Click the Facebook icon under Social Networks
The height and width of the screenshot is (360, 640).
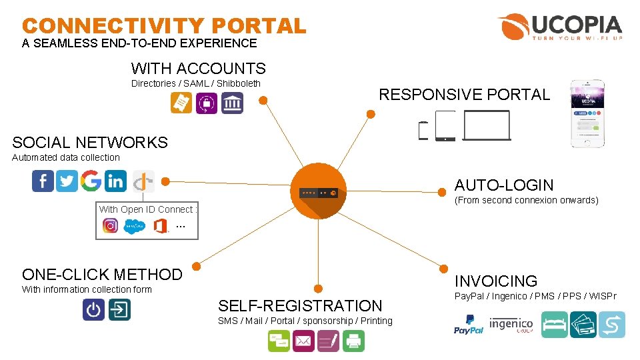[43, 181]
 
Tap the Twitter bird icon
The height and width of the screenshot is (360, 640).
[67, 181]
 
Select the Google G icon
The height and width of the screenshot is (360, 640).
[91, 181]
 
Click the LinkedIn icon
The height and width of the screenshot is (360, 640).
[115, 181]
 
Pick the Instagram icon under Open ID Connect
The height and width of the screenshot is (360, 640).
[111, 225]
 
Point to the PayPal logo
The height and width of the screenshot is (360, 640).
[469, 325]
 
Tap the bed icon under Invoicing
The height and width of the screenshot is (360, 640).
[555, 325]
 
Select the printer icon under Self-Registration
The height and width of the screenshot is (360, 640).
[353, 341]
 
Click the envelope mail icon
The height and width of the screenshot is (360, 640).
[303, 341]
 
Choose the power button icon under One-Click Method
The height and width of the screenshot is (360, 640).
[93, 309]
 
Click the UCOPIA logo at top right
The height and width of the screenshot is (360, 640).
[559, 27]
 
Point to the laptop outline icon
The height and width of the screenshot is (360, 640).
[487, 125]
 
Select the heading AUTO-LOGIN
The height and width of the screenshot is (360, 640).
[504, 185]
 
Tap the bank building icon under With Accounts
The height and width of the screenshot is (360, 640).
[232, 103]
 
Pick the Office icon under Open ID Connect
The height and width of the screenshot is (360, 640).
[160, 226]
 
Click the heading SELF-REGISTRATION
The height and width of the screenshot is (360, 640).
[300, 306]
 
